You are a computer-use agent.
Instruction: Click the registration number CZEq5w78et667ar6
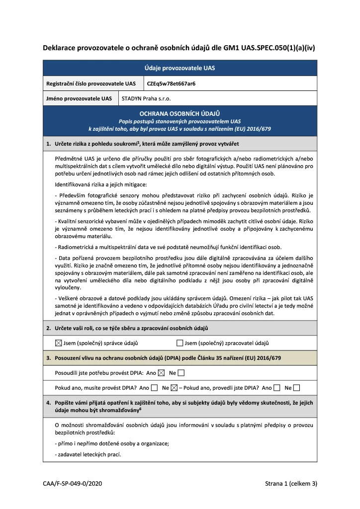172,84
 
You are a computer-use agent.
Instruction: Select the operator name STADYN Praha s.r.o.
146,98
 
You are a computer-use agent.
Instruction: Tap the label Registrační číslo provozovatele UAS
91,84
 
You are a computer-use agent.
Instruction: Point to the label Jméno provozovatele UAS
80,98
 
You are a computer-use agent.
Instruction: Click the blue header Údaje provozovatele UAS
180,68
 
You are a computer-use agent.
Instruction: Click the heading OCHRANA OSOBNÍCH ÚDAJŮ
180,114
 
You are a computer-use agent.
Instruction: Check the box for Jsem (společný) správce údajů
58,343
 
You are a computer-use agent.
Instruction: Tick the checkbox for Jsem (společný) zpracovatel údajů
180,343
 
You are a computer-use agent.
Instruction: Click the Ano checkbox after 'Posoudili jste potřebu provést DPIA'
161,372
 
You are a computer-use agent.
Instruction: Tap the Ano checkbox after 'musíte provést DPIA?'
155,388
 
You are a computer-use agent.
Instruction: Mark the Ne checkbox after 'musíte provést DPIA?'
174,388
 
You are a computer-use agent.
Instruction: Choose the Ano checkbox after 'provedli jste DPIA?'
276,388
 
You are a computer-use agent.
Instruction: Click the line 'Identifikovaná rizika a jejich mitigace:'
101,184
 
